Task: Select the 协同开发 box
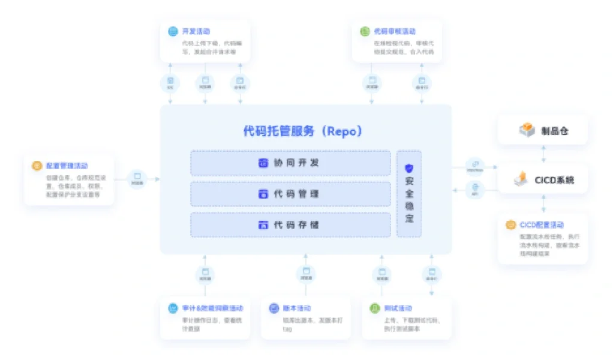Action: point(290,163)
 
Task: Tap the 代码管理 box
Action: point(290,194)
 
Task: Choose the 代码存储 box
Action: point(290,225)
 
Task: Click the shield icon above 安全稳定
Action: point(409,168)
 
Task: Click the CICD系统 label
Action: point(554,179)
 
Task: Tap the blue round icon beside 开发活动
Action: point(173,31)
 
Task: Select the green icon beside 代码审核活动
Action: point(365,31)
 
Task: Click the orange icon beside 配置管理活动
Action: point(37,165)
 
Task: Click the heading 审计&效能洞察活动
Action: point(209,308)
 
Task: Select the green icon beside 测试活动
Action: point(374,308)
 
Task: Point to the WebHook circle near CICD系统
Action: point(475,165)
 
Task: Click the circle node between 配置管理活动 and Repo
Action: point(137,178)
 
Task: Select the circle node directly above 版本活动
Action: point(306,274)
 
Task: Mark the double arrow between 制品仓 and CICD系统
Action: point(543,154)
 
